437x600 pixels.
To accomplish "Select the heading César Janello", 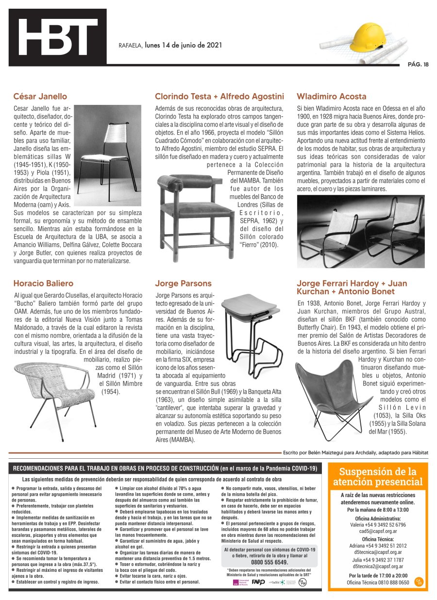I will [x=40, y=96].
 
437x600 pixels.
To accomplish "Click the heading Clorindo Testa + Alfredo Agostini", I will [x=219, y=96].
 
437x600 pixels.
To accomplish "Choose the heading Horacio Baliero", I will [x=43, y=283].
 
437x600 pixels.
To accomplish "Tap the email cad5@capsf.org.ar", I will [x=378, y=531].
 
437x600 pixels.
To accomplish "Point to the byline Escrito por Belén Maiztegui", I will [x=355, y=452].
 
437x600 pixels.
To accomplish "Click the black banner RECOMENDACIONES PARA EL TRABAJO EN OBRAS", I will [x=165, y=468].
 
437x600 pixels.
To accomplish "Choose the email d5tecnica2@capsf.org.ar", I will [x=378, y=566].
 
